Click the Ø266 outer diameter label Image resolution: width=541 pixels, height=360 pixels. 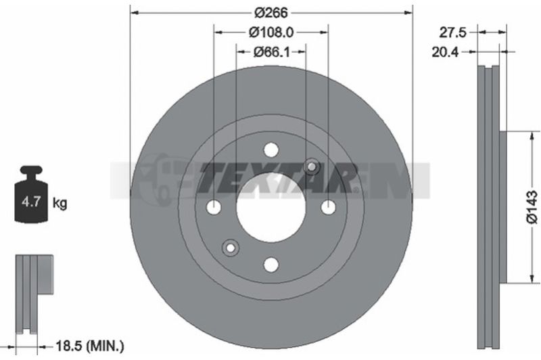271,13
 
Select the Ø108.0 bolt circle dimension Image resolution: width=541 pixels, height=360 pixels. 271,32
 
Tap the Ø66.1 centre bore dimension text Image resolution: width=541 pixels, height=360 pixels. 272,52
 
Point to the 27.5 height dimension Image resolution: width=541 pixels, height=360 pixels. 452,32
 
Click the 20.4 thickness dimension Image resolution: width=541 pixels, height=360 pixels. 445,52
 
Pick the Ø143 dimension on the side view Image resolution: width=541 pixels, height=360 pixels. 532,207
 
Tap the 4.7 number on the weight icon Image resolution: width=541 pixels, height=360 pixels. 31,202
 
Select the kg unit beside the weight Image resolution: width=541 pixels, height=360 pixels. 60,203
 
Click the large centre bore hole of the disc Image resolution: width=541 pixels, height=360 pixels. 271,207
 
